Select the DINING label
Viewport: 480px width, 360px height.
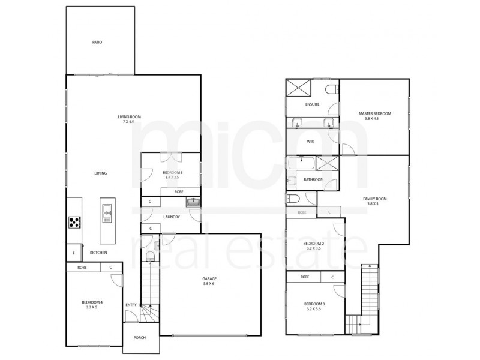coord(100,173)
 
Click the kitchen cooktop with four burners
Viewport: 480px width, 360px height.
coord(74,222)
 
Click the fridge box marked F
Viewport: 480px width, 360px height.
coord(73,253)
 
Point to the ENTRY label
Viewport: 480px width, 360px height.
coord(131,305)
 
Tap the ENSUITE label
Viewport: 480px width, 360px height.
coord(311,104)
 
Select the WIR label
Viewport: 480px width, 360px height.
coord(310,142)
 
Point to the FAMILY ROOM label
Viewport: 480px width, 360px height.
coord(374,200)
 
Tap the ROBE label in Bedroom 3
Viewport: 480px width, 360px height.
coord(305,277)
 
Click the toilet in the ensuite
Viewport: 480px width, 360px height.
coord(331,89)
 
